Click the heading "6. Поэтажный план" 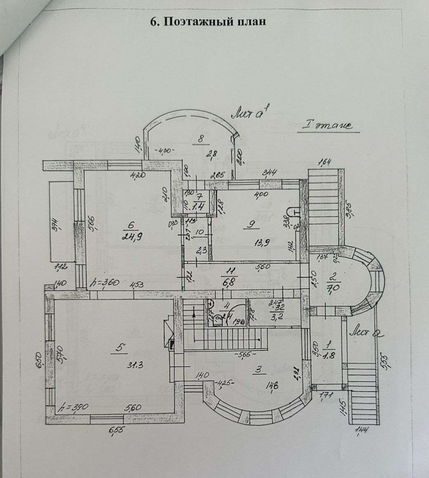(208, 22)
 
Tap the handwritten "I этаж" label (328, 125)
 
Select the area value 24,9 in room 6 (131, 236)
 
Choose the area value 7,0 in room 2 (332, 288)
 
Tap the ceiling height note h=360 (105, 283)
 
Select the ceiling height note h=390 (74, 407)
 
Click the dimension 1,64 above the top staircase (327, 162)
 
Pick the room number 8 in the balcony (201, 139)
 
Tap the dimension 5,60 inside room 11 (262, 266)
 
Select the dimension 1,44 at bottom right (362, 430)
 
